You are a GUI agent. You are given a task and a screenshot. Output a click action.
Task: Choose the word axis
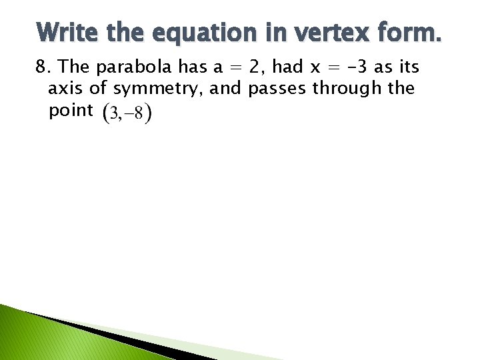click(x=65, y=89)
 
